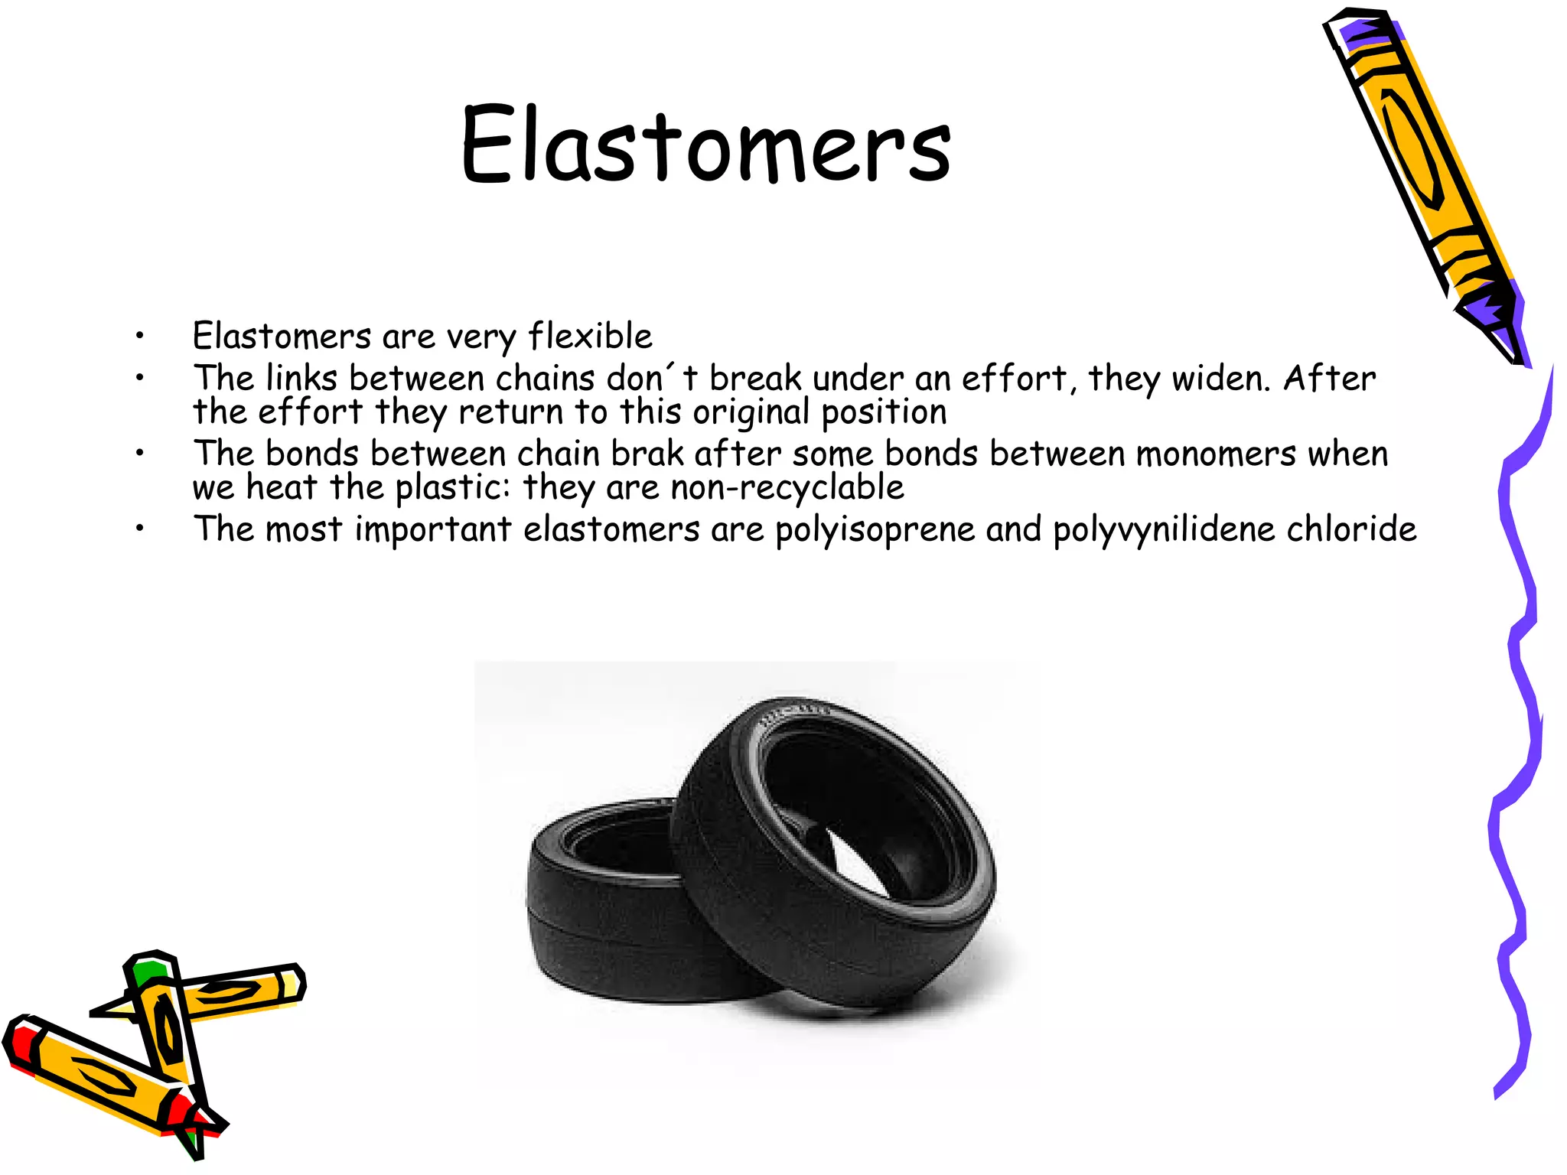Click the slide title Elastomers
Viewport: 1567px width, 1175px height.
[705, 145]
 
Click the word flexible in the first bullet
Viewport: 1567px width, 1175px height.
[590, 337]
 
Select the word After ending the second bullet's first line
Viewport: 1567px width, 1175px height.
[1329, 379]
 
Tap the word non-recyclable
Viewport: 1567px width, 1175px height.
[787, 488]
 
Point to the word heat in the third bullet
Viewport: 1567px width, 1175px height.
[282, 487]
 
